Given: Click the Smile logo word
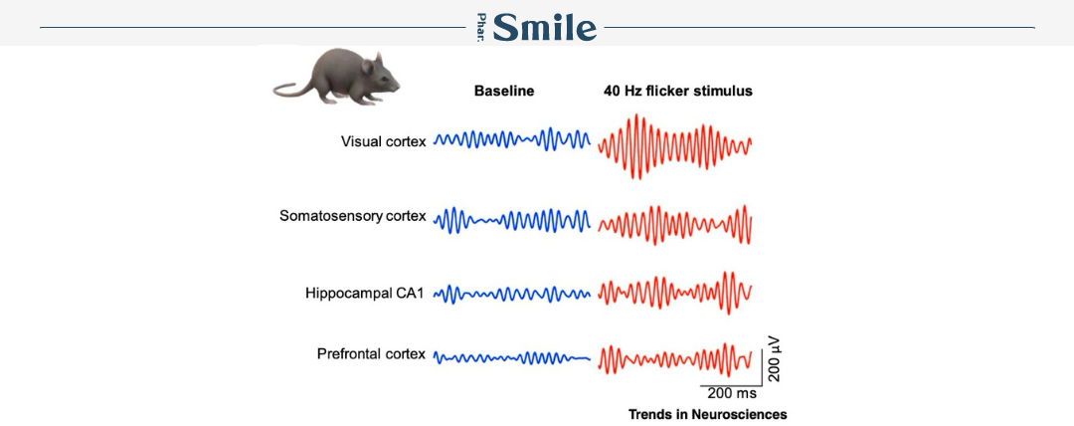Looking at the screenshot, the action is coord(545,28).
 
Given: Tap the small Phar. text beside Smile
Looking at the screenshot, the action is coord(481,28).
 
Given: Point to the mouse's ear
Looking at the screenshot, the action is coord(368,66).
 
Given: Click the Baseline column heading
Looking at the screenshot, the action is coord(504,91).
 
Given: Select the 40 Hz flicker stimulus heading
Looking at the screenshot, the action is coord(678,91).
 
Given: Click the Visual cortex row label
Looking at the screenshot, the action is coord(384,141).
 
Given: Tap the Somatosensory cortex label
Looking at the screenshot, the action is coord(353,216).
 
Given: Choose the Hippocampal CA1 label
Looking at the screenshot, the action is coord(366,294).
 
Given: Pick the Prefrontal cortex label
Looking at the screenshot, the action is coord(371,354).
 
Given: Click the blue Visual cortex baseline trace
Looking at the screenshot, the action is coord(512,139).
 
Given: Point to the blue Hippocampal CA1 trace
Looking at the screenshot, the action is coord(512,295).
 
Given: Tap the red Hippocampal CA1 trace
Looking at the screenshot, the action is coord(674,291).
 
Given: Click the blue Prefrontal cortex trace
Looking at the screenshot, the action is coord(512,357).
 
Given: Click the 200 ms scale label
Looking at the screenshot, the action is coord(732,394).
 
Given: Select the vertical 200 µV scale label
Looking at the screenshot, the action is coord(774,358).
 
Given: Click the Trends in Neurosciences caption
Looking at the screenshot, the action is coord(708,414).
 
